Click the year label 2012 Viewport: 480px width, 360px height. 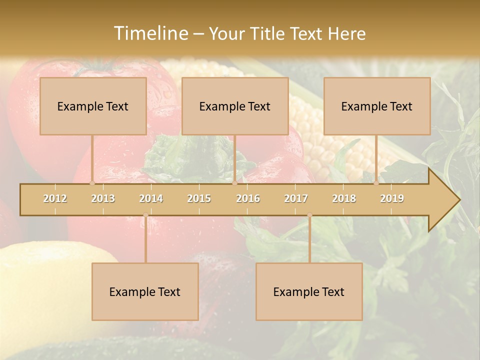55,198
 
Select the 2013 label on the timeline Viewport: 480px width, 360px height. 103,198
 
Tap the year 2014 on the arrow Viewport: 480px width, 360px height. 151,198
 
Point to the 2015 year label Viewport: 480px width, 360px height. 199,198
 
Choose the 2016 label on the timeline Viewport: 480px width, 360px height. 248,198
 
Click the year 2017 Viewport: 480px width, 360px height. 296,198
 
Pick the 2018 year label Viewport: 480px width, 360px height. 344,198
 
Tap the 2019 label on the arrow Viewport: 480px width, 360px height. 392,198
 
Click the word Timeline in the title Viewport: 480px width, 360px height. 150,33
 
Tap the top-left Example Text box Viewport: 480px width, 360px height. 93,106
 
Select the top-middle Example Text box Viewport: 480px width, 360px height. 235,106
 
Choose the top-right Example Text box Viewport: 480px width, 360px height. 377,106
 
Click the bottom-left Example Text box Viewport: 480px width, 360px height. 145,291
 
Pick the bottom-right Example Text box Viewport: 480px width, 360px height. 309,291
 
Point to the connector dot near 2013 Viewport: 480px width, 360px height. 92,183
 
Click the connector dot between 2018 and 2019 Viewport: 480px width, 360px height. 376,183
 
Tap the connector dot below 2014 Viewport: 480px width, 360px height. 145,215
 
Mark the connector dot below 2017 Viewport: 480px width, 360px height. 309,215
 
